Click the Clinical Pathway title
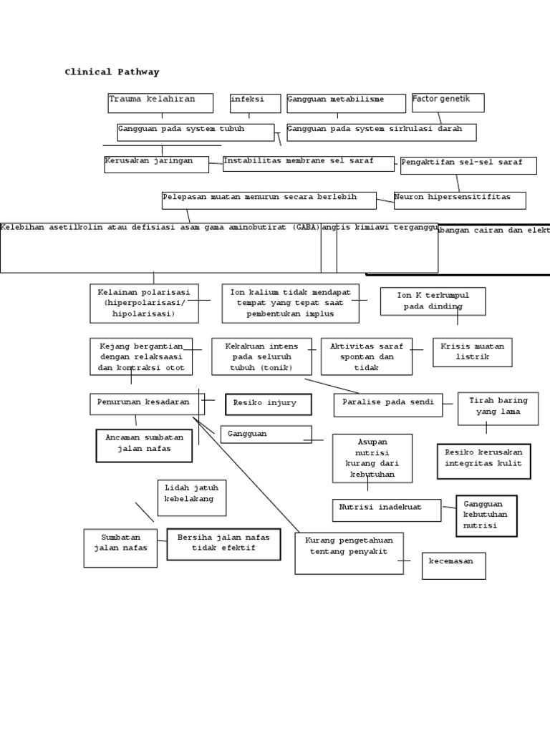[112, 72]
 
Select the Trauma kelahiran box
[160, 103]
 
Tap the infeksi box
[255, 103]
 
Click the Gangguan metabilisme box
[346, 103]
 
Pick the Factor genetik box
[448, 102]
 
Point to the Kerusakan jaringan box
[156, 165]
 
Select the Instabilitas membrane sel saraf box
[309, 164]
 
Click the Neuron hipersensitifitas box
[459, 200]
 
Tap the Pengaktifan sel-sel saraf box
[468, 166]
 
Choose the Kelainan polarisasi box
[144, 303]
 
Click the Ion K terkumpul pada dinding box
[433, 301]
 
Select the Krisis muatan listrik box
[472, 352]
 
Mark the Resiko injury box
[268, 404]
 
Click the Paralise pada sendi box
[387, 404]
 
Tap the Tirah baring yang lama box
[498, 408]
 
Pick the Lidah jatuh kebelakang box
[191, 497]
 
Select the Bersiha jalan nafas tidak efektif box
[223, 544]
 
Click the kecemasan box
[453, 565]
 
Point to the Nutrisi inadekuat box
[386, 510]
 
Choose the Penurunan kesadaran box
[147, 404]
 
